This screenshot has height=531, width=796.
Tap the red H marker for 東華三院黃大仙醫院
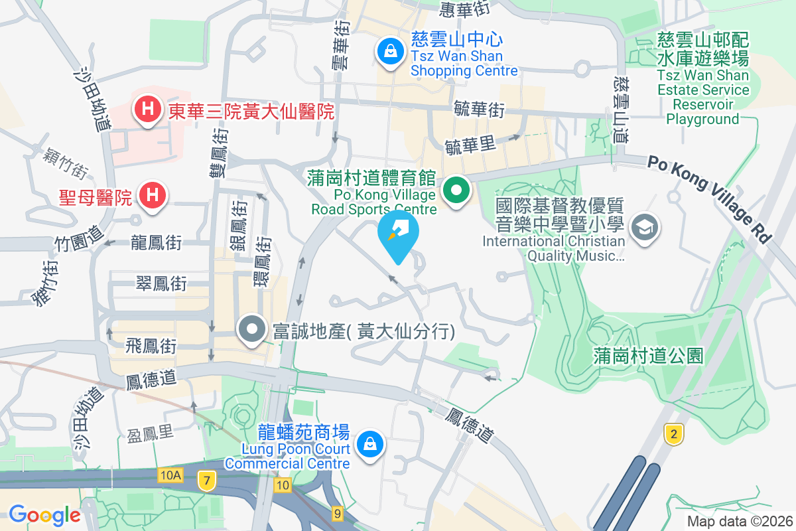tap(147, 109)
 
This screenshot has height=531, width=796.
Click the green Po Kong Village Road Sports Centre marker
tap(456, 192)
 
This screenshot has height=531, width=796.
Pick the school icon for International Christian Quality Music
tap(642, 226)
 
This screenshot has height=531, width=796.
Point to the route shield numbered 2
tap(674, 435)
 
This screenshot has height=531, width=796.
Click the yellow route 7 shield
tap(207, 481)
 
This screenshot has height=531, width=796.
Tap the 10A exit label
tap(170, 475)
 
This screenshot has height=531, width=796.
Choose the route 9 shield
tap(338, 513)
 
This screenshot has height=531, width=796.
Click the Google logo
tap(44, 514)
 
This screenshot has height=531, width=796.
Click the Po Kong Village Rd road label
tap(710, 197)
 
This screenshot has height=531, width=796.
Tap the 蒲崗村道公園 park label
tap(647, 356)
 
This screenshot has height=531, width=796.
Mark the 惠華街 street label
tap(465, 9)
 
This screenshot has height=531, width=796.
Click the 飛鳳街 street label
tap(152, 346)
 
